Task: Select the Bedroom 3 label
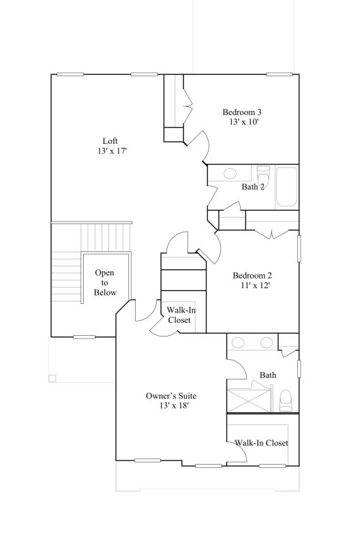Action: (242, 112)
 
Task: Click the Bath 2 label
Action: (253, 187)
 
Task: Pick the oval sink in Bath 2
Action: (230, 173)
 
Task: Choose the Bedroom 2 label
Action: (252, 275)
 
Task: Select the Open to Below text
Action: (105, 283)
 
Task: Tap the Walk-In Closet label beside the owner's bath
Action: (262, 443)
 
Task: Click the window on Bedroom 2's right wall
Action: (299, 248)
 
